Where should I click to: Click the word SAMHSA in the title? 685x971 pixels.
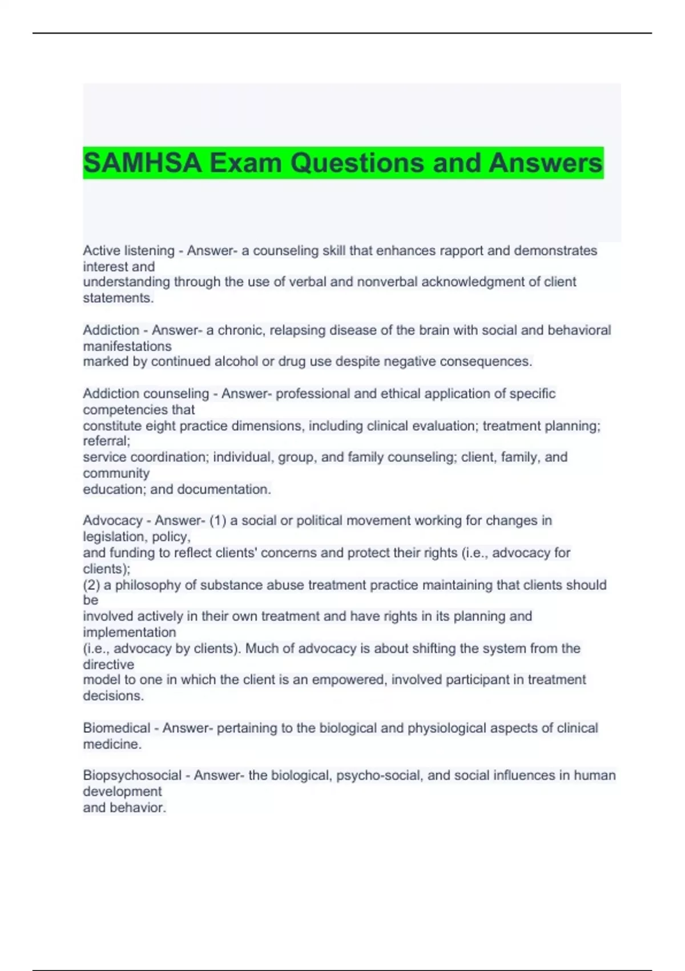click(142, 163)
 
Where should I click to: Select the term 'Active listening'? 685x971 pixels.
click(128, 251)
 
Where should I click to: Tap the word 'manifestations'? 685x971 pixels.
click(127, 346)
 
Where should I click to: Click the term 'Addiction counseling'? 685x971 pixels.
click(146, 394)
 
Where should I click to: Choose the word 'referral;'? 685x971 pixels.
click(107, 441)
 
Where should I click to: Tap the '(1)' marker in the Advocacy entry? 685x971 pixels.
click(217, 521)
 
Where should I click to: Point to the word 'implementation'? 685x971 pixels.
click(130, 632)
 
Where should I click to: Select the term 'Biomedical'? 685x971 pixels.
click(116, 728)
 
